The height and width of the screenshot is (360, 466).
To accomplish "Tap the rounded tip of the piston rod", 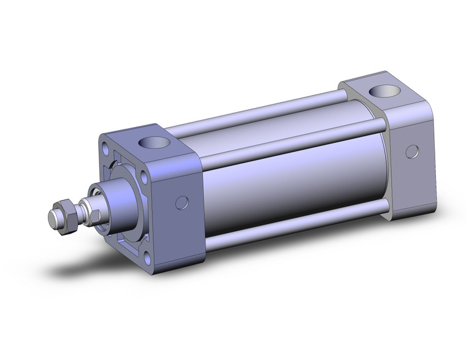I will tap(53, 218).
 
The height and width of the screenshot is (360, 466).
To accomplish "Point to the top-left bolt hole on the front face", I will tap(107, 147).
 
